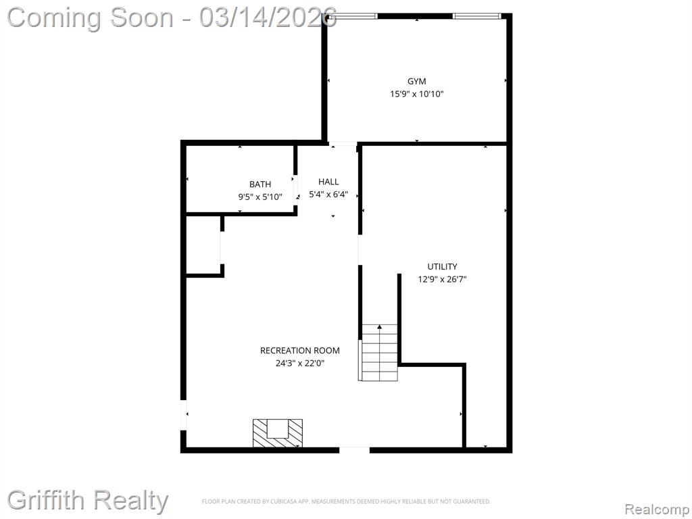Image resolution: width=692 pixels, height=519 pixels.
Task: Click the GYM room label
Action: tap(416, 81)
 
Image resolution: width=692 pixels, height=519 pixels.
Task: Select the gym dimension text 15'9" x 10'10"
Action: tap(416, 94)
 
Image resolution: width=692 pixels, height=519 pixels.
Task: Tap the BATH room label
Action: tap(260, 184)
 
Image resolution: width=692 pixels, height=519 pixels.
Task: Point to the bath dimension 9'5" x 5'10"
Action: tap(260, 197)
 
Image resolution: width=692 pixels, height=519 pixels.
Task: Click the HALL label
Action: tap(328, 181)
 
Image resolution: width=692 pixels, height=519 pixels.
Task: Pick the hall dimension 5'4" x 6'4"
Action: tap(328, 194)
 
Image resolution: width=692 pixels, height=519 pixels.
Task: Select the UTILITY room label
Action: tap(442, 266)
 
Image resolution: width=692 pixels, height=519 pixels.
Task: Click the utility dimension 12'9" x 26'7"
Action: tap(442, 279)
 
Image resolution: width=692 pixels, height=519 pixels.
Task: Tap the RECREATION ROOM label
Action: tap(299, 351)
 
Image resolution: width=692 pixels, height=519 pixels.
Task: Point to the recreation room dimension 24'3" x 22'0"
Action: tap(299, 363)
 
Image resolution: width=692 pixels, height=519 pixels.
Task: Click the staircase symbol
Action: tap(380, 353)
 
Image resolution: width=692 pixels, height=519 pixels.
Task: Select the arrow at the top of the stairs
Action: tap(380, 327)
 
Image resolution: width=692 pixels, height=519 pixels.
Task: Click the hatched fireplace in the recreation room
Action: tap(278, 432)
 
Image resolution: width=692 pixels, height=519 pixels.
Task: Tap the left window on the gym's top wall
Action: tap(356, 16)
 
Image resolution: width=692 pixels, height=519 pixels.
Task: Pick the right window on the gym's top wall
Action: tap(476, 16)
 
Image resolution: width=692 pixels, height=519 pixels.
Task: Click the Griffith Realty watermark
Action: tap(88, 501)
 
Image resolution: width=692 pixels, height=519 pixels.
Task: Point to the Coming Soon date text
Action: tap(172, 18)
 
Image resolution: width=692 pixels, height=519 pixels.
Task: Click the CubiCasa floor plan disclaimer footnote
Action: tap(346, 501)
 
